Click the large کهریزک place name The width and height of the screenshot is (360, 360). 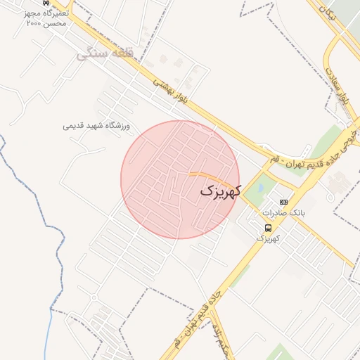221,190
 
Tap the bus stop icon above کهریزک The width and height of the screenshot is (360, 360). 268,227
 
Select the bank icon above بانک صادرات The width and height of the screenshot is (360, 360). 283,202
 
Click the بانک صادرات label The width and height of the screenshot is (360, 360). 282,212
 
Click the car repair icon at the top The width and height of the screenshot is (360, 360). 46,3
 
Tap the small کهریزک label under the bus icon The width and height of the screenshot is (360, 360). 268,239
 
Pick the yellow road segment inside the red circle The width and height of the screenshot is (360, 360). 207,176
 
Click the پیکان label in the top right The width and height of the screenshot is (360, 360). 325,12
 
